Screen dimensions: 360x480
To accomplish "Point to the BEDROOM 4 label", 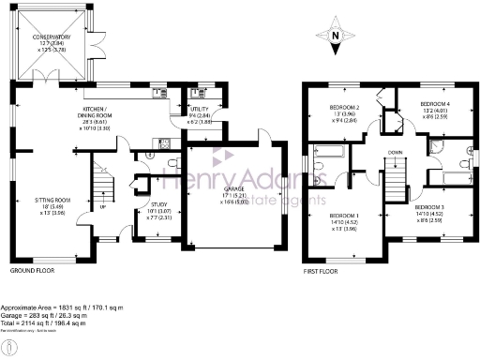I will coord(434,102).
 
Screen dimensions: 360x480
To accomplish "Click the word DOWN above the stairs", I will coord(396,152).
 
